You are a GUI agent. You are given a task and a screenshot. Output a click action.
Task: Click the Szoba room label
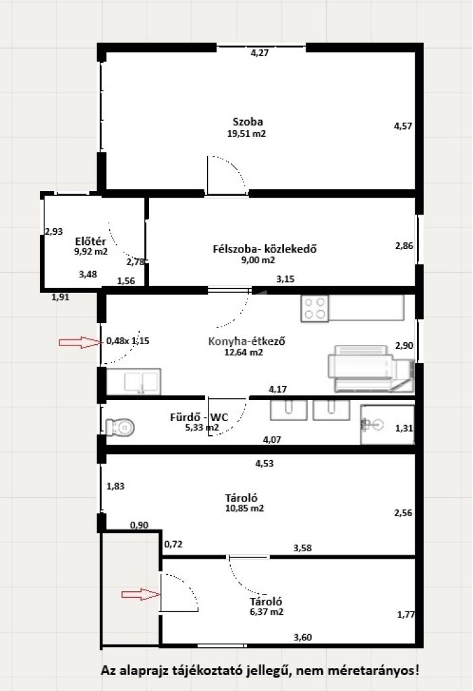pos(248,122)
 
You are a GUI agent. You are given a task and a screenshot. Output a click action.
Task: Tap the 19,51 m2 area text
pos(246,134)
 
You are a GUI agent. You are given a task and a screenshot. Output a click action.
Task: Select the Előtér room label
pos(90,242)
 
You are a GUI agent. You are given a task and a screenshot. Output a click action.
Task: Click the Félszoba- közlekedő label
pos(265,249)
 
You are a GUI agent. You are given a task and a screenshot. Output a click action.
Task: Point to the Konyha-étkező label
pos(246,341)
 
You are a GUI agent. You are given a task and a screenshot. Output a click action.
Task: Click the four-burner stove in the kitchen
pos(314,308)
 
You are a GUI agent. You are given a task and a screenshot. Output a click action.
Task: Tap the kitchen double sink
pos(134,382)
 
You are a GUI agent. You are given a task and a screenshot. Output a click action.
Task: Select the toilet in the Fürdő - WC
pos(120,427)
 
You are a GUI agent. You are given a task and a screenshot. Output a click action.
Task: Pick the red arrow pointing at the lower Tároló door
pos(141,595)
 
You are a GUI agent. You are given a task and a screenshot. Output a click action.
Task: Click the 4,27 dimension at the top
pos(260,53)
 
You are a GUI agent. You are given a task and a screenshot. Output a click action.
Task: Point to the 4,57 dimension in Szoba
pos(403,126)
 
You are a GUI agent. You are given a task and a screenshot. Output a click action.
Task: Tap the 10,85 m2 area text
pos(245,508)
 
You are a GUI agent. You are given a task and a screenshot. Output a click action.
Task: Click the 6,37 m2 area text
pos(267,612)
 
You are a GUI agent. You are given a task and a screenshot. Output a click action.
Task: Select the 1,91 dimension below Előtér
pos(61,298)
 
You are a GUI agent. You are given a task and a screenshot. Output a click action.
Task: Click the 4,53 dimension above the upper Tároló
pos(265,464)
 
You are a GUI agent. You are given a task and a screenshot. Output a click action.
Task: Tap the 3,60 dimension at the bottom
pos(303,637)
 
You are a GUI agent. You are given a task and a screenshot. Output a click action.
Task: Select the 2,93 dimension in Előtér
pos(54,231)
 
